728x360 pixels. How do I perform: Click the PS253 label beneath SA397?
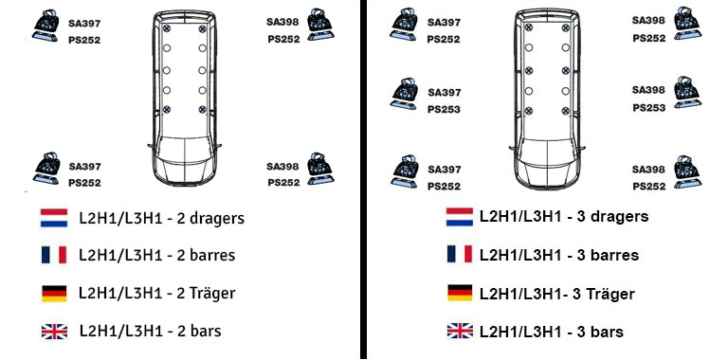[444, 110]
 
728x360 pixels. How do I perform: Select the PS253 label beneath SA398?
[648, 108]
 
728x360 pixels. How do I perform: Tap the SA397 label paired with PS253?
[445, 92]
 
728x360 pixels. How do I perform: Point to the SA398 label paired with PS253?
[648, 90]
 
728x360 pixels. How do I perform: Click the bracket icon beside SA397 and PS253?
[405, 94]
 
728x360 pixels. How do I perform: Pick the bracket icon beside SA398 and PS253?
[687, 92]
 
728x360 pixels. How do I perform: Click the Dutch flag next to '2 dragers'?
[54, 218]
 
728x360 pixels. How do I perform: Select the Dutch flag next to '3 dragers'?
[460, 217]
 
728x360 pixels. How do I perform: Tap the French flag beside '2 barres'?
[54, 255]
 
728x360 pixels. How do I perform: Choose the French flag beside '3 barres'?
[460, 254]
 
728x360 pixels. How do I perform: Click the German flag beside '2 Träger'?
[54, 293]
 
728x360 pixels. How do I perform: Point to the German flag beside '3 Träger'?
[460, 293]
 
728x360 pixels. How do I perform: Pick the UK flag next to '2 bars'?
[54, 332]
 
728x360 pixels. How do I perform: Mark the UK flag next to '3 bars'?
[460, 331]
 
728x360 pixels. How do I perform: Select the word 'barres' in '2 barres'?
[210, 255]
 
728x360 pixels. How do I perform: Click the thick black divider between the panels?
[363, 180]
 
